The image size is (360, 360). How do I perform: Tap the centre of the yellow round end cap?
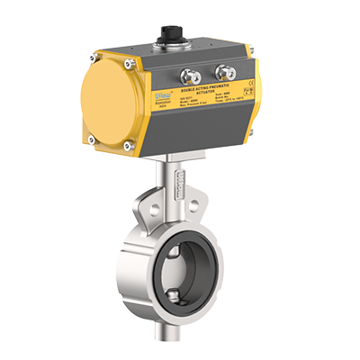[109, 103]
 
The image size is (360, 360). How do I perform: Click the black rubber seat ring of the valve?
[180, 256]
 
